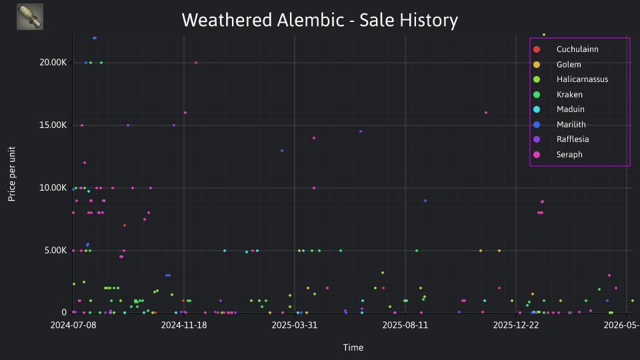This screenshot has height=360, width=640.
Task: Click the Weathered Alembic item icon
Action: point(30,17)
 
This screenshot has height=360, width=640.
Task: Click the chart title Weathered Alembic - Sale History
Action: point(319,20)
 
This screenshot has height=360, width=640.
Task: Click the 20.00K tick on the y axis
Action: point(53,63)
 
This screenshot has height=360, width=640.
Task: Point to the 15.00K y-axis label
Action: point(53,125)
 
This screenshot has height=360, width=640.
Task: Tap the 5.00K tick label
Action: point(55,251)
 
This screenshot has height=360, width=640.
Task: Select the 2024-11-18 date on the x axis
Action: point(184,325)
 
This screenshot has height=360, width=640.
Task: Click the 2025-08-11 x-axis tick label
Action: point(405,325)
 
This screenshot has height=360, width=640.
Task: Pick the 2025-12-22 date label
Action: point(516,325)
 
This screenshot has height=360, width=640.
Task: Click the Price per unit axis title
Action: point(12,174)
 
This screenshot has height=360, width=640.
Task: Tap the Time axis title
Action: point(353,347)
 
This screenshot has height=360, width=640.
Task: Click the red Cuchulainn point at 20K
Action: point(196,63)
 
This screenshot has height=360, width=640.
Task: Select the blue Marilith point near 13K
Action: point(282,151)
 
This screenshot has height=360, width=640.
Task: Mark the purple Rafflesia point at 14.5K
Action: point(361,131)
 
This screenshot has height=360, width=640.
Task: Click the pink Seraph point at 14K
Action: point(314,138)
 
